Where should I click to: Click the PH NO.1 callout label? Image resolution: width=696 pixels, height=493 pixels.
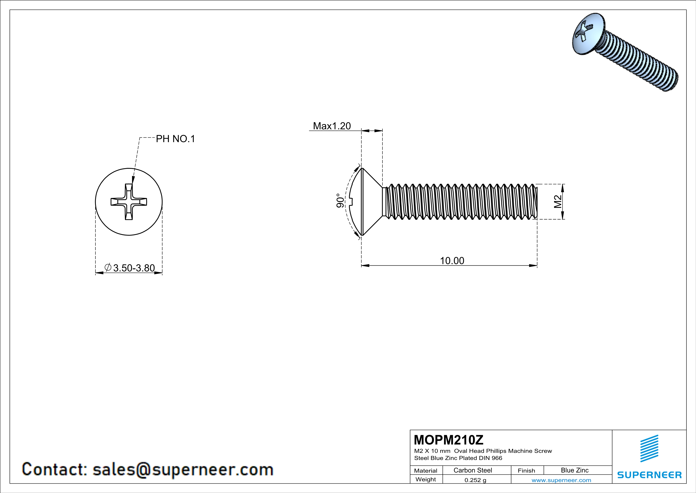[x=175, y=139]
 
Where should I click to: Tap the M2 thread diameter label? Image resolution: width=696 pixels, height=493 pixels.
[x=557, y=202]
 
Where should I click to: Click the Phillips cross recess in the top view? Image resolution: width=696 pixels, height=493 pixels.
[x=129, y=202]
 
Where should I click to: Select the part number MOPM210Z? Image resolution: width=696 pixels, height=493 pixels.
[x=449, y=440]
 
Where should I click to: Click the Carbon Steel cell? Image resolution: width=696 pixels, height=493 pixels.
[x=473, y=470]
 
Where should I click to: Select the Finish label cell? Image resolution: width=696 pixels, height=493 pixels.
[x=526, y=471]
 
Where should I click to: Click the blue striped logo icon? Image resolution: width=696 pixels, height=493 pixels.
[x=649, y=448]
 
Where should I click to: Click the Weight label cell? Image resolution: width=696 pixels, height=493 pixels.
[x=426, y=479]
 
